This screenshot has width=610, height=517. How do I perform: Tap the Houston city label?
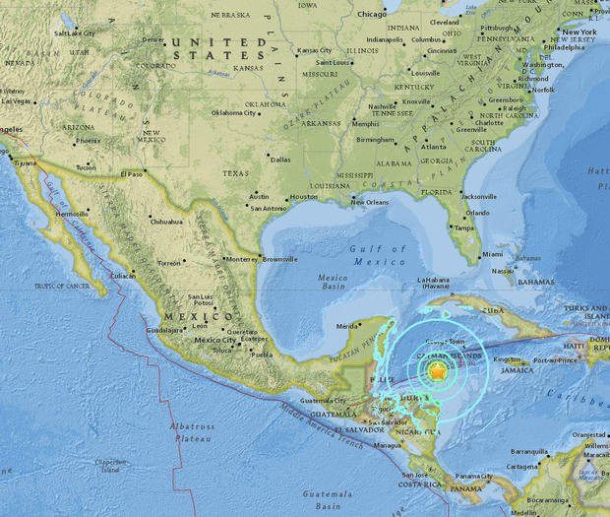click(304, 197)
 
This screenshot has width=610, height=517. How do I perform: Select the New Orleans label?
click(370, 203)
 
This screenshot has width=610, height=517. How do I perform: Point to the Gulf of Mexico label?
click(378, 256)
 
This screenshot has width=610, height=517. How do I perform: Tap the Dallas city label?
click(280, 159)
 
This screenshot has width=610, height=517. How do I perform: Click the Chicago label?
click(372, 15)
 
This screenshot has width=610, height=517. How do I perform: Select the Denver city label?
click(153, 40)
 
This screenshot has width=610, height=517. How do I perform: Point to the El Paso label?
click(132, 174)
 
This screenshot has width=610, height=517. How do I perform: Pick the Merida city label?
click(346, 325)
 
